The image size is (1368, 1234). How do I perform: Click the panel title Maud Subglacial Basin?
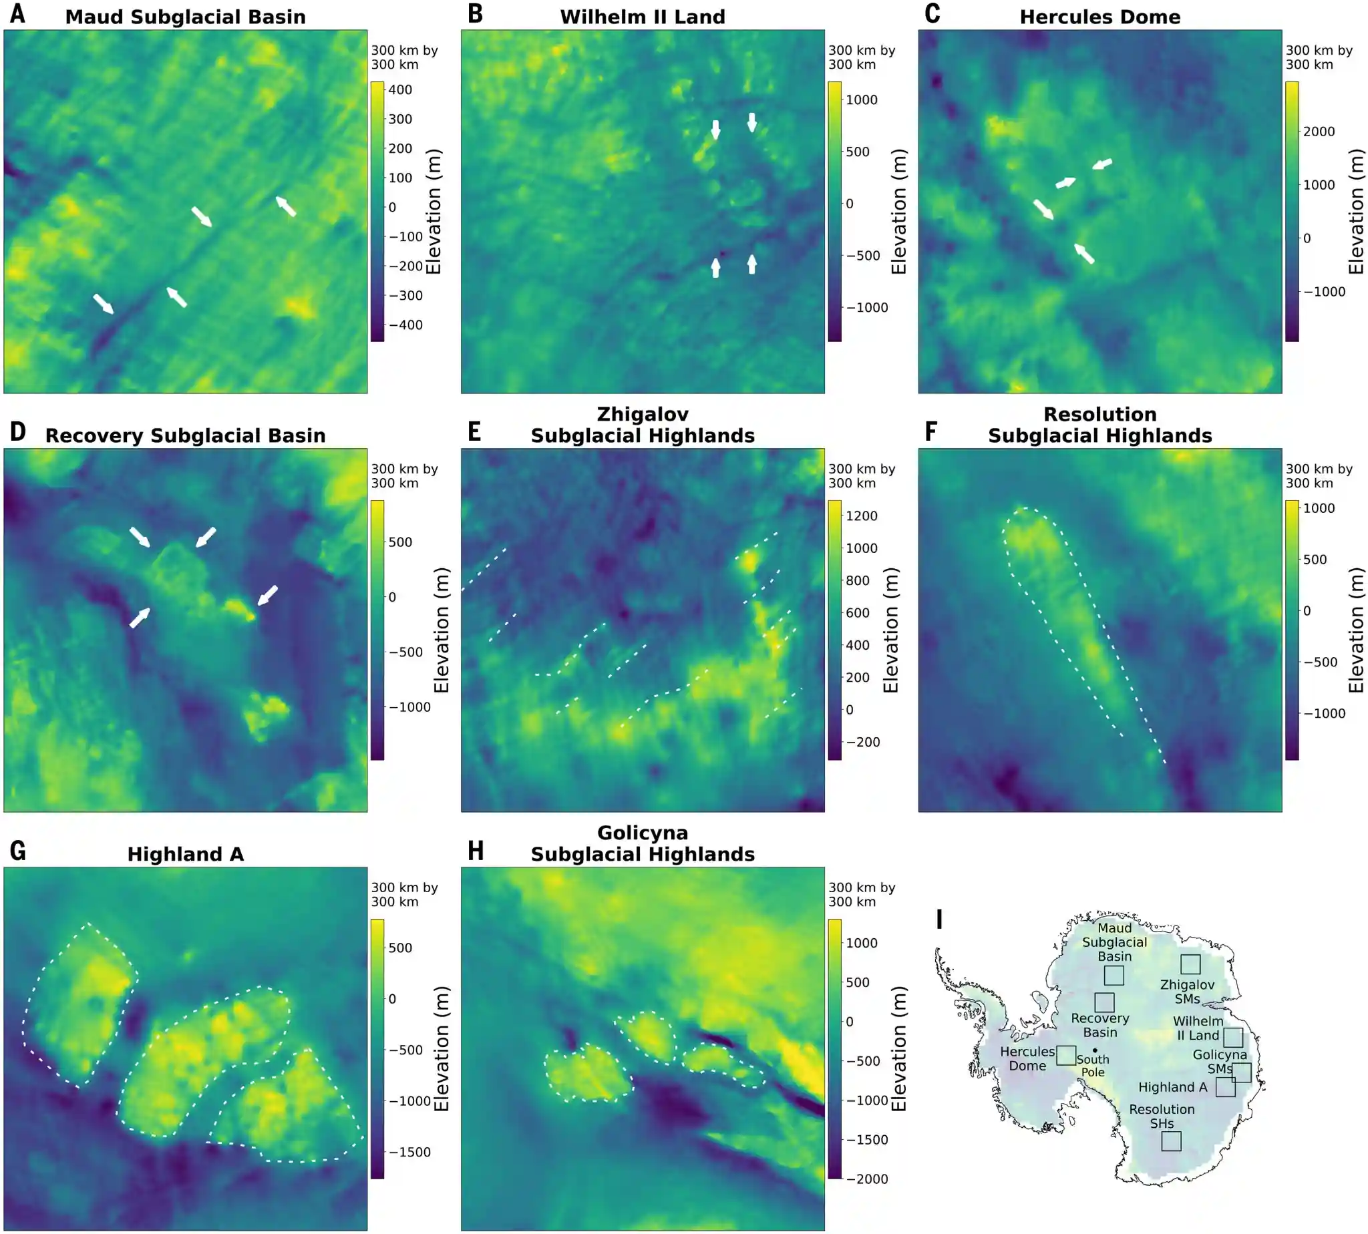(185, 17)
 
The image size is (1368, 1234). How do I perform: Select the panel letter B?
(476, 13)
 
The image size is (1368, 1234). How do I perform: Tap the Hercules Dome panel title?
(1099, 17)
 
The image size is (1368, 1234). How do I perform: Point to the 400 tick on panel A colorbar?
(399, 89)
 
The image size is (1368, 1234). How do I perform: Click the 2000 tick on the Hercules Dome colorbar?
(1318, 132)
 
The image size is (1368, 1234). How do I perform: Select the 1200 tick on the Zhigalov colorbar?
(861, 516)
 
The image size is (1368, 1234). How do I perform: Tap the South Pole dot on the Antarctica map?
(1095, 1050)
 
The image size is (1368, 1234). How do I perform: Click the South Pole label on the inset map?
(1093, 1065)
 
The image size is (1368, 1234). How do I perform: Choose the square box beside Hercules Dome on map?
(1065, 1055)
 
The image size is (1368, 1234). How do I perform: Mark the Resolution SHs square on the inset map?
(1171, 1141)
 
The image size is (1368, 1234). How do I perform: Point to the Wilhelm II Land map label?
(1198, 1028)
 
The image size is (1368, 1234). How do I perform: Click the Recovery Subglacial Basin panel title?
(185, 435)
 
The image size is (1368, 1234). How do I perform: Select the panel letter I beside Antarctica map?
(939, 919)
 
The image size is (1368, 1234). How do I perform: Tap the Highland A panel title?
(185, 853)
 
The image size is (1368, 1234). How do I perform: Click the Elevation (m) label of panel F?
(1355, 630)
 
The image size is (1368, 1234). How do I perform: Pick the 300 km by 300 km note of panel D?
(404, 476)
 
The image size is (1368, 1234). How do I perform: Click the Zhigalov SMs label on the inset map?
(1187, 991)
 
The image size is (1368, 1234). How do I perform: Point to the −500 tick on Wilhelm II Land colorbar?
(864, 256)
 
